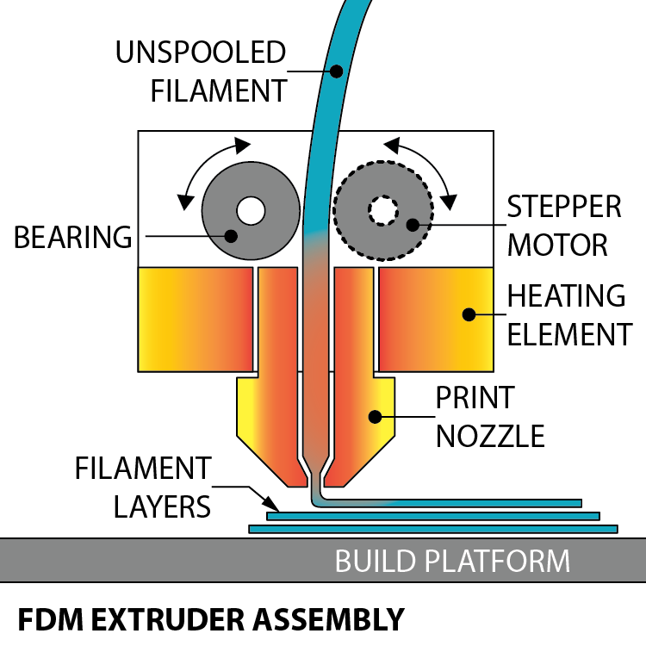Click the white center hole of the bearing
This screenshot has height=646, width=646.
[251, 210]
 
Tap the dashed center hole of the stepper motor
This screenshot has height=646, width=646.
[381, 210]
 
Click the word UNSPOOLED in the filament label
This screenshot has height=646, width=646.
[201, 53]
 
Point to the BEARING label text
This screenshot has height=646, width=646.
[73, 237]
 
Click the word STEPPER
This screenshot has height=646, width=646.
[564, 208]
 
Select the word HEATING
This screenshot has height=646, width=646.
[566, 296]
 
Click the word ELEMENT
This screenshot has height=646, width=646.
[569, 333]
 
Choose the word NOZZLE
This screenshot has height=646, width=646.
[490, 436]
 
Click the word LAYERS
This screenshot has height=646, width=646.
[163, 506]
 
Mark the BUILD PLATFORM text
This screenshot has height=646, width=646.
[452, 562]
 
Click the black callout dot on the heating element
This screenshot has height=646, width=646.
[469, 314]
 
